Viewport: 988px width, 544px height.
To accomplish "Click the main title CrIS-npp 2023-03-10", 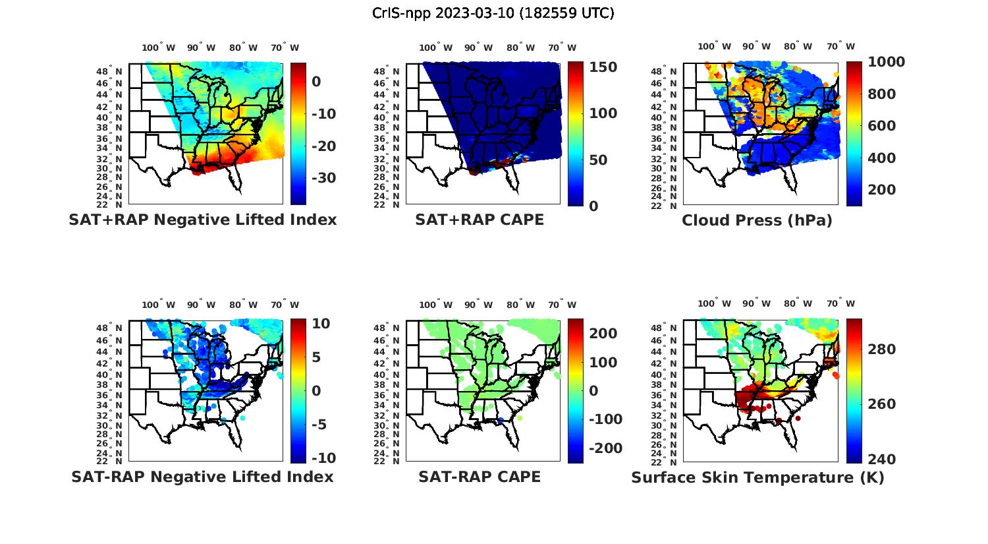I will [x=493, y=13].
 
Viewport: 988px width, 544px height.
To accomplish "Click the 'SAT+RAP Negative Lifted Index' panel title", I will [x=203, y=220].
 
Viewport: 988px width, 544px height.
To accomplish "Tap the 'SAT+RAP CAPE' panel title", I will [x=480, y=220].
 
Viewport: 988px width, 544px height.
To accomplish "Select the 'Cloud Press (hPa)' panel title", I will [x=757, y=220].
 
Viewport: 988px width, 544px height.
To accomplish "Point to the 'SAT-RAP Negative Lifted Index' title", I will [x=203, y=477].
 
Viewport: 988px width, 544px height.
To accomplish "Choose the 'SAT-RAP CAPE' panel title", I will [x=480, y=477].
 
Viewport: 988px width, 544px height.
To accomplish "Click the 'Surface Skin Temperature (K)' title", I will [x=757, y=477].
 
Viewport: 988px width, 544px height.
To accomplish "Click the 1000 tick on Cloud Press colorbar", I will [x=886, y=62].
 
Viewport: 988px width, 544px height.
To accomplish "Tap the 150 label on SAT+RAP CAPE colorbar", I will [x=603, y=67].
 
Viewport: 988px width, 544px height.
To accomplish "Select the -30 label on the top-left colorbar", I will [x=323, y=178].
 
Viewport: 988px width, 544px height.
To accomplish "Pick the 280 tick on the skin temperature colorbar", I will [x=882, y=349].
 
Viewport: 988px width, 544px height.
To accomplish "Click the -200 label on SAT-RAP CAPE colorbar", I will [x=604, y=448].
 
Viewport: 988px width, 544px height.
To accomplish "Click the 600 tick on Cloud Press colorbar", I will [x=882, y=126].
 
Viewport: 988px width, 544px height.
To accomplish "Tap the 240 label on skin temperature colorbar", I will [x=882, y=459].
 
